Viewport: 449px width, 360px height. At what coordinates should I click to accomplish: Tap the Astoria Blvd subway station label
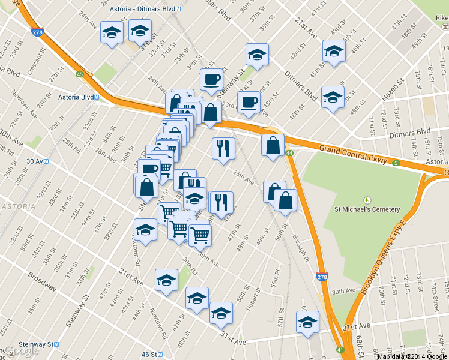tap(76, 97)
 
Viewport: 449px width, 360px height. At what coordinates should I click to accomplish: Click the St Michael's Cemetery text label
tap(367, 209)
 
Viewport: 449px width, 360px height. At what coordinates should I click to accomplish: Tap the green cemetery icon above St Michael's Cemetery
tap(367, 199)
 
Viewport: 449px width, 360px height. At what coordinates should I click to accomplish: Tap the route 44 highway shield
tap(289, 154)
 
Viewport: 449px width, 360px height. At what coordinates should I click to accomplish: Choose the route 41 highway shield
tap(340, 350)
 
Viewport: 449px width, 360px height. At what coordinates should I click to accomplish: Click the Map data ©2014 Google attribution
tap(412, 356)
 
